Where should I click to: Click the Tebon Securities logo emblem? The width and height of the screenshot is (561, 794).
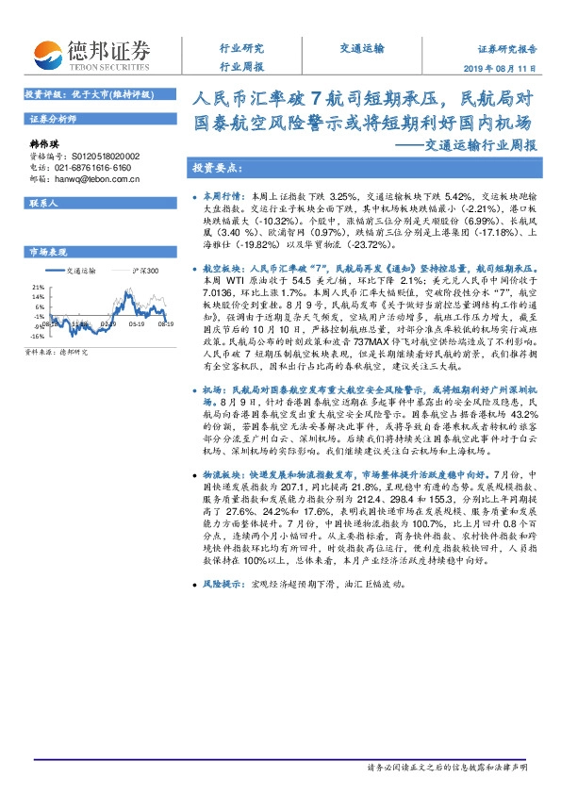tap(44, 52)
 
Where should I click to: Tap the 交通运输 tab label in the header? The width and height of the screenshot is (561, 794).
tap(362, 47)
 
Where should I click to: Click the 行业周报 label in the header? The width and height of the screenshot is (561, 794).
tap(241, 67)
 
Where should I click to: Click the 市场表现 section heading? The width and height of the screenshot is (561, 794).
tap(48, 253)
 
